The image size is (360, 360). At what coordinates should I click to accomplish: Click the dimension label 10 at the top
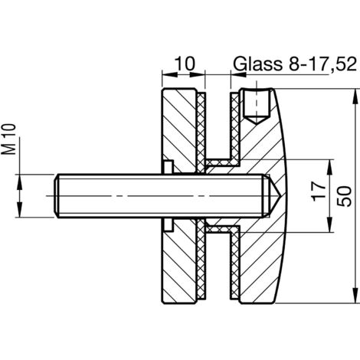(185, 64)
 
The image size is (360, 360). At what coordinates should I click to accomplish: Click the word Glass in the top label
(258, 64)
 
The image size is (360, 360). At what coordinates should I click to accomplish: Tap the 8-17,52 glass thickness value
(322, 64)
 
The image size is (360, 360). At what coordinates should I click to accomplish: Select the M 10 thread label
(9, 139)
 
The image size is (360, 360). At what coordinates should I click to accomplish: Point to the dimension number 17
(319, 191)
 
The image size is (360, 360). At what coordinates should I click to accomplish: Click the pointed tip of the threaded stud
(280, 196)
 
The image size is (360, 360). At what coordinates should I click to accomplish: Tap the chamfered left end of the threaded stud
(57, 196)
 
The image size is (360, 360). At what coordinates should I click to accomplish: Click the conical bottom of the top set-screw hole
(256, 119)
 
